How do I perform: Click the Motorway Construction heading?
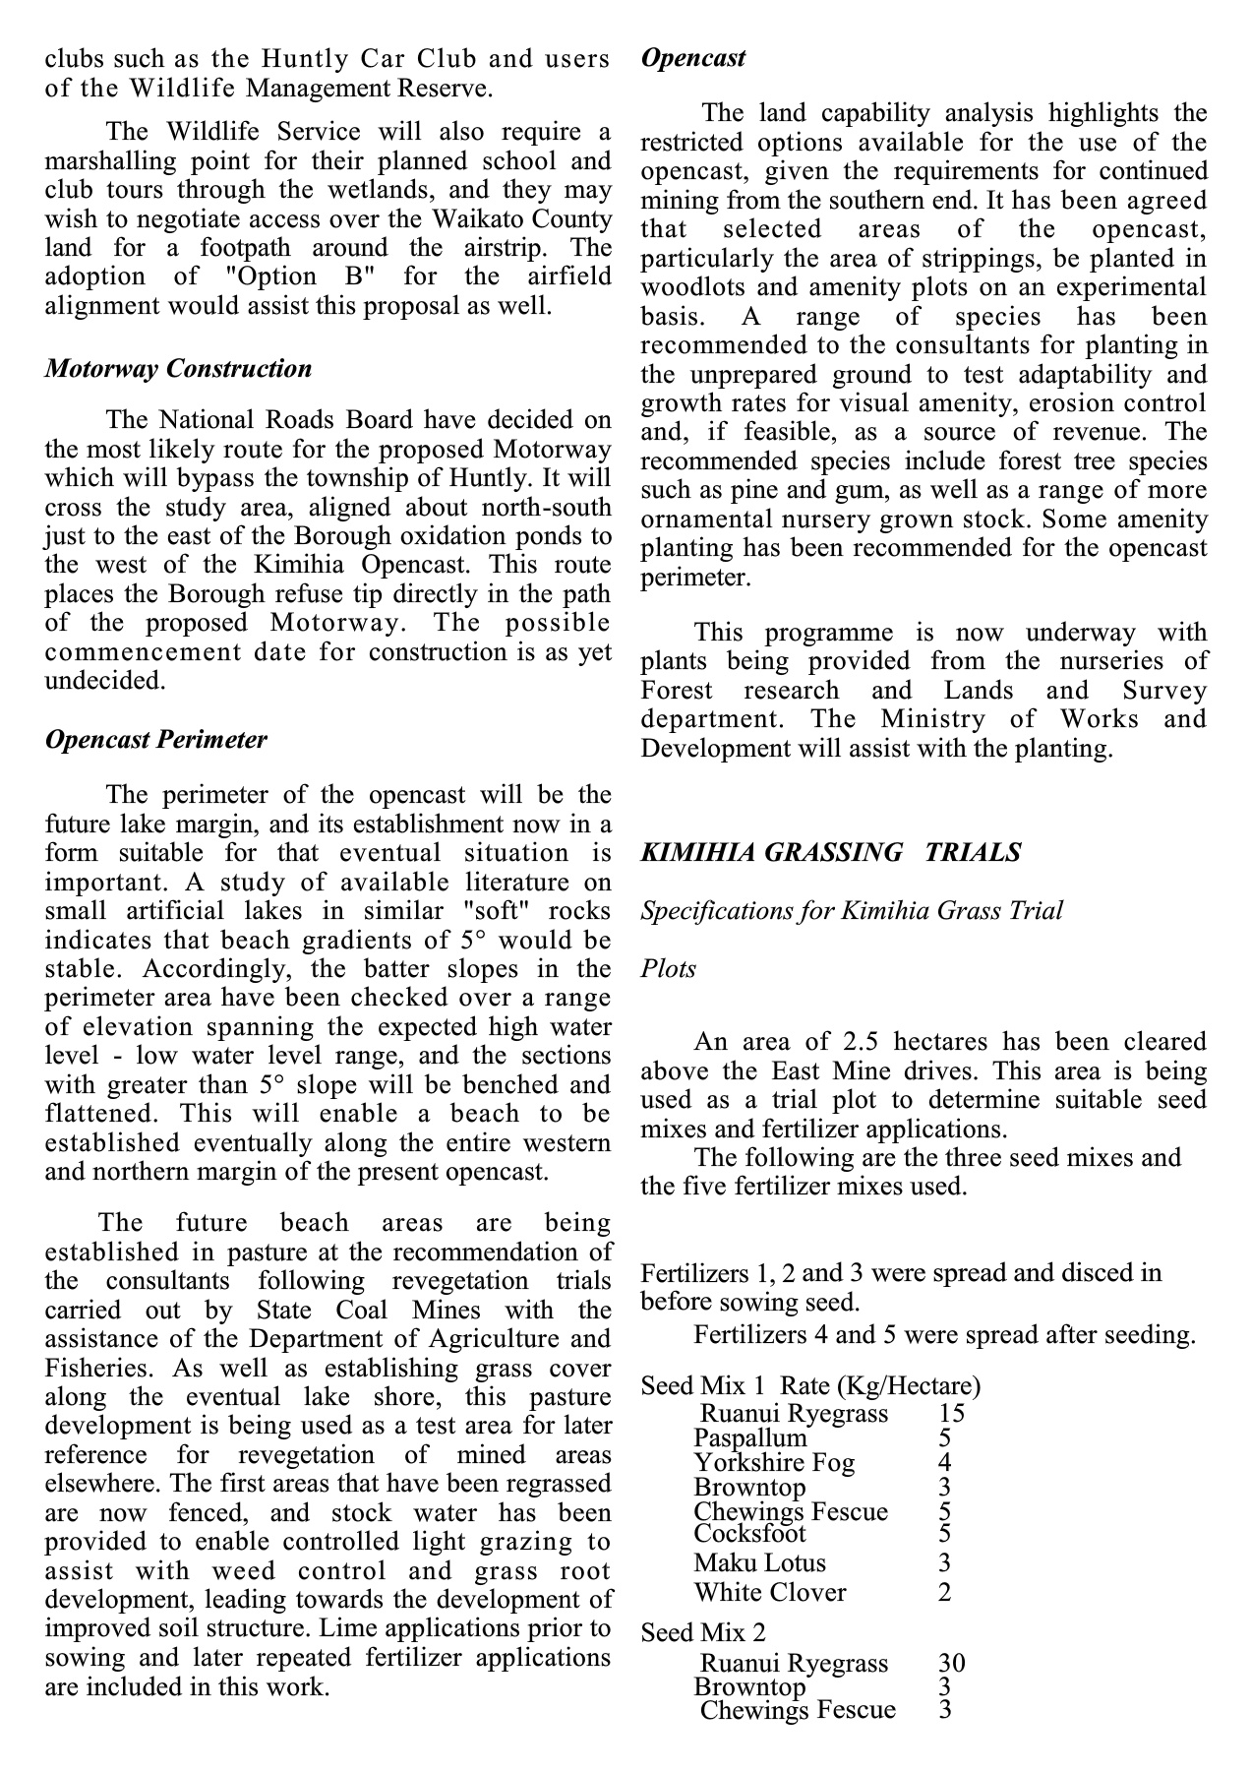click(178, 369)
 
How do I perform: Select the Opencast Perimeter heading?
click(155, 740)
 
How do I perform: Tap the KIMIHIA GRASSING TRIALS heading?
click(831, 852)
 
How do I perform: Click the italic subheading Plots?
click(668, 969)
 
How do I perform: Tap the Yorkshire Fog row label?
click(774, 1463)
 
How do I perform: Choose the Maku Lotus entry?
click(759, 1563)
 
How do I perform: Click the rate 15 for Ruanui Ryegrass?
click(951, 1414)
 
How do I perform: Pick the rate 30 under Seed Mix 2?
click(951, 1664)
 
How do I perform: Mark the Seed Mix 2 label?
click(703, 1633)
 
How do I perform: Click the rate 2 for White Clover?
click(944, 1593)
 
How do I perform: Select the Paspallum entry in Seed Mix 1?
click(749, 1438)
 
